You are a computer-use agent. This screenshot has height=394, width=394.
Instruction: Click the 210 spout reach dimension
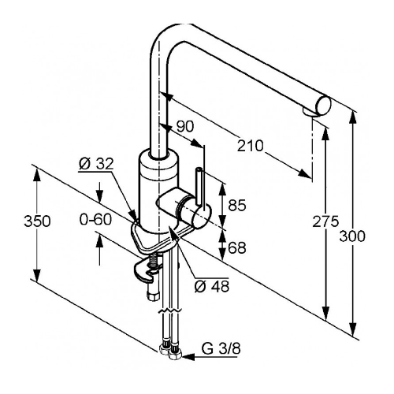point(250,146)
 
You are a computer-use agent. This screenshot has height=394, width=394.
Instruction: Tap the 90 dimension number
point(185,126)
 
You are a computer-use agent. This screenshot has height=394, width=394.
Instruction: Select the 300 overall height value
point(352,236)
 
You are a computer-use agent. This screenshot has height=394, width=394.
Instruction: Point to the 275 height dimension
point(325,221)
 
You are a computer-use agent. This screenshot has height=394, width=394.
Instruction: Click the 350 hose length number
point(37,221)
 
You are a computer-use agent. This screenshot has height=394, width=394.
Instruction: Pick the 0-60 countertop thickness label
point(95,219)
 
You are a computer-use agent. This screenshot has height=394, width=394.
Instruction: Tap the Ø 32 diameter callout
point(96,164)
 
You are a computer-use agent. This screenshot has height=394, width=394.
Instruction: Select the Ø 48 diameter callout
point(212,286)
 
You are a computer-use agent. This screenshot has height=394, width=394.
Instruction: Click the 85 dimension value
point(237,205)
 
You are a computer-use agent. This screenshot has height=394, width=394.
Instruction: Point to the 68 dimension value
point(237,247)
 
